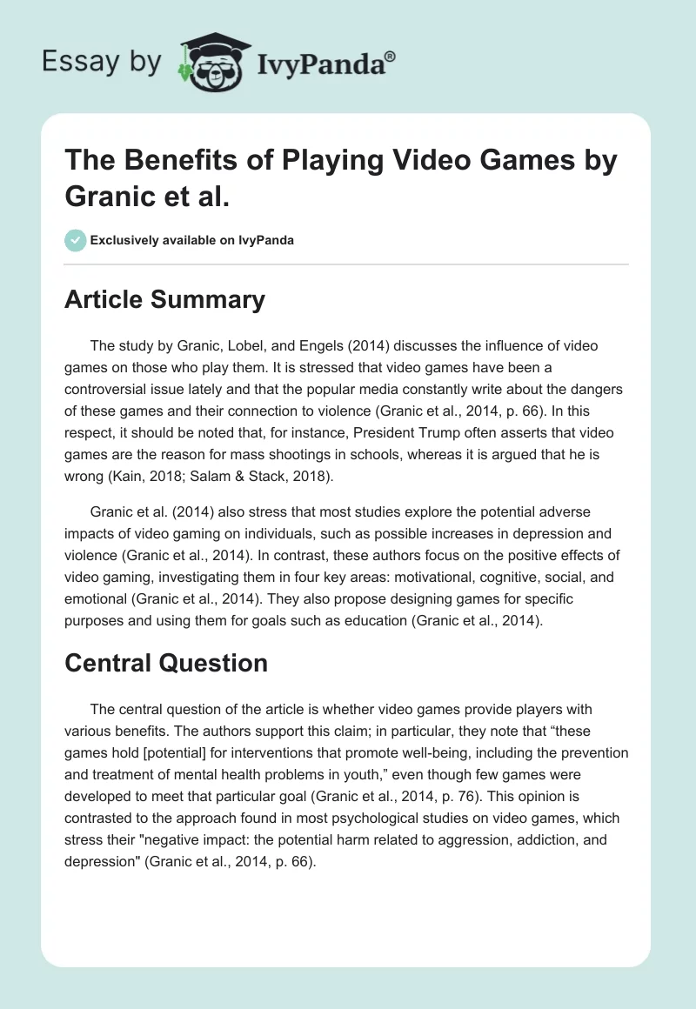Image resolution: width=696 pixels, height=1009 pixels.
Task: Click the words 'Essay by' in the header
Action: coord(102,62)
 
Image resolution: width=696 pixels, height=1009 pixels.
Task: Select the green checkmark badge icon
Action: coord(76,240)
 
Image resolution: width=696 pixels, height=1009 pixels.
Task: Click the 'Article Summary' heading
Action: coord(164,299)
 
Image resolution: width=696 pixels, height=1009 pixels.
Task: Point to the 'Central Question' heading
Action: coord(166,663)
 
